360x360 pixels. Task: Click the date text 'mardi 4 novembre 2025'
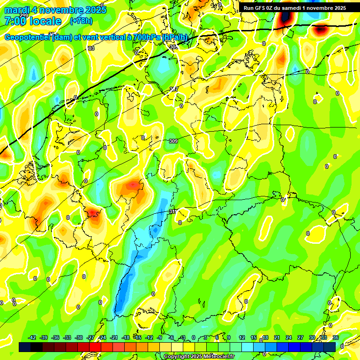click(x=55, y=10)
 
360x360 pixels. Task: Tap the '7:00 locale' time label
click(x=33, y=21)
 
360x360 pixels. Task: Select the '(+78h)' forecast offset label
click(x=81, y=21)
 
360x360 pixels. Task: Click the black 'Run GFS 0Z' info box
click(x=294, y=8)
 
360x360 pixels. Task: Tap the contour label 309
click(x=173, y=141)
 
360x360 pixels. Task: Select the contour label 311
click(x=172, y=212)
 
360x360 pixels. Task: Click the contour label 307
click(x=174, y=89)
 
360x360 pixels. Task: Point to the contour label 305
click(x=173, y=47)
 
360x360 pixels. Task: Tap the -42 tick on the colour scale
click(x=32, y=337)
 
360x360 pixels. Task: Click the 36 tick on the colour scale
click(x=336, y=337)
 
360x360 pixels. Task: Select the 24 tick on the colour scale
click(x=288, y=337)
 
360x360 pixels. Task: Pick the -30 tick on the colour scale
click(x=79, y=337)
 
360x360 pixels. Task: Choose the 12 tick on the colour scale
click(x=242, y=337)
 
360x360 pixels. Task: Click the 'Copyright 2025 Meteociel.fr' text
click(x=199, y=357)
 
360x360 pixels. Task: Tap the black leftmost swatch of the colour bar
click(x=25, y=347)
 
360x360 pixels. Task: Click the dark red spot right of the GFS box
click(x=321, y=30)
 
